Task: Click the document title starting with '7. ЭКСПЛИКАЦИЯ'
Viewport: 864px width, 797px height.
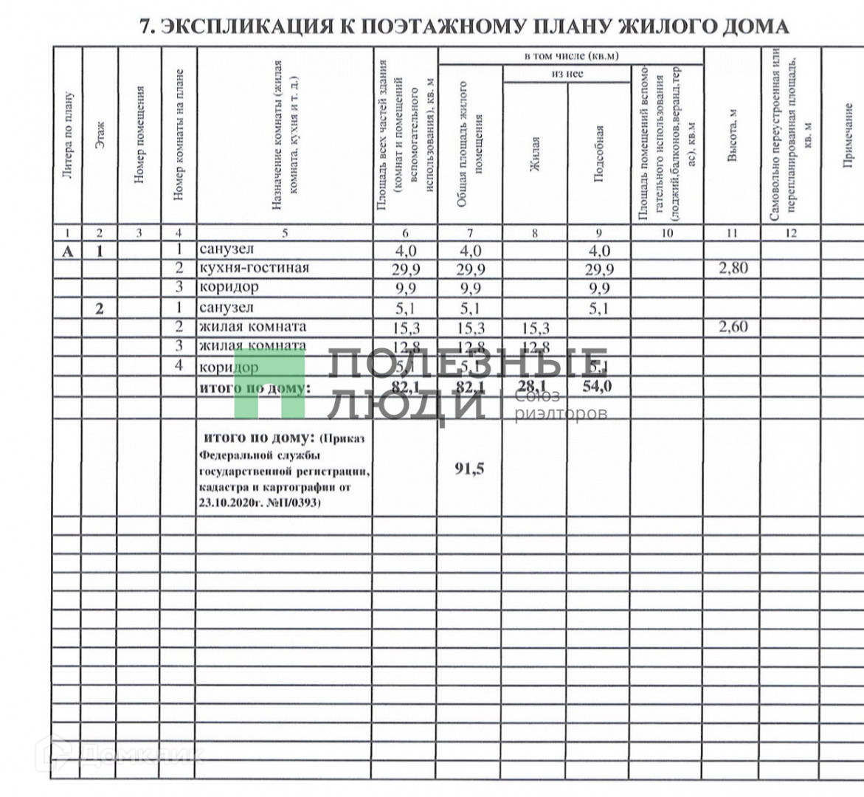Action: [465, 27]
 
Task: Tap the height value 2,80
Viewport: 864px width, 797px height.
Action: [733, 268]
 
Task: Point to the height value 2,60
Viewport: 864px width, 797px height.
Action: [733, 327]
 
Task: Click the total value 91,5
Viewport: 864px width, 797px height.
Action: [470, 469]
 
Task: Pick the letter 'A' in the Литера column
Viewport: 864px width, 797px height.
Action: [68, 251]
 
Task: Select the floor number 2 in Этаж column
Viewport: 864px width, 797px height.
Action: [100, 308]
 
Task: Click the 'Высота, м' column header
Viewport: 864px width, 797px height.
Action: [733, 148]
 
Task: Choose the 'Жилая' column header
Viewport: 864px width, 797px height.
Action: [536, 155]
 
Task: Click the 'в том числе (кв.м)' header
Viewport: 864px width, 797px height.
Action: [571, 56]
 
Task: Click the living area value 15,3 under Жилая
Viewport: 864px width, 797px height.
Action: [535, 327]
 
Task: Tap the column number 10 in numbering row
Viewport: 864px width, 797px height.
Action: [667, 233]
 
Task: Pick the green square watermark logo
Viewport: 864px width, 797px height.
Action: [269, 384]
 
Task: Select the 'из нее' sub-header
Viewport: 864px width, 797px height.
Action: [567, 74]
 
